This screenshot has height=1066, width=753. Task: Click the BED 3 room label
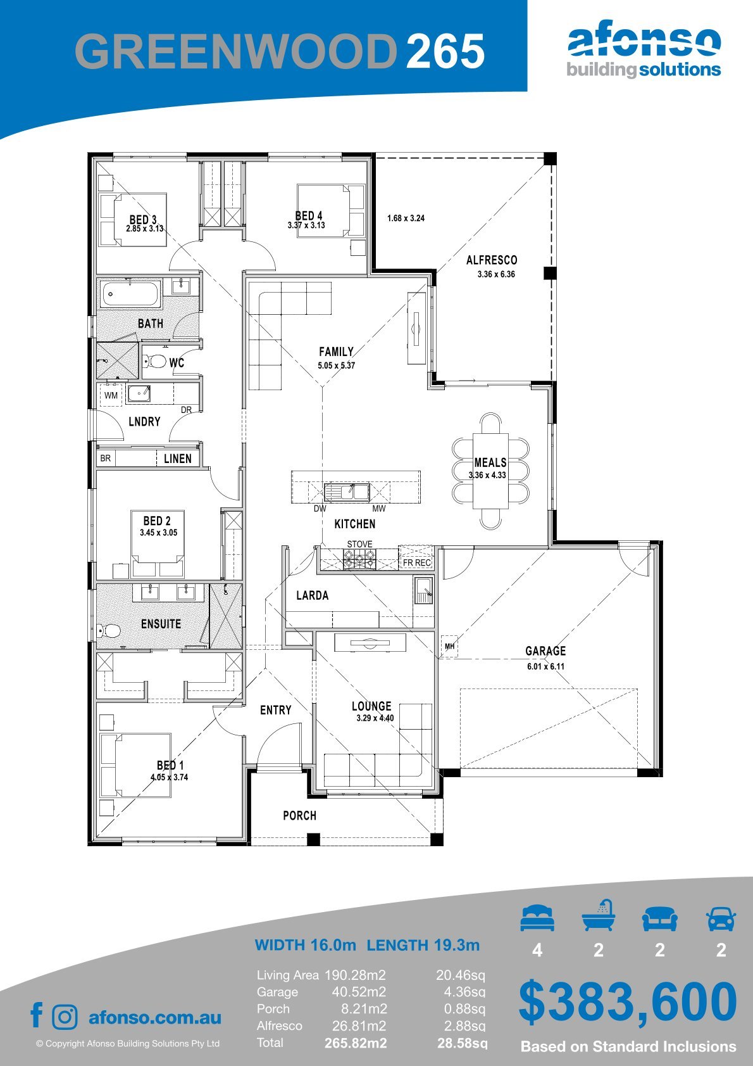(143, 219)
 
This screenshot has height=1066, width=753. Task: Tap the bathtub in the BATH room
(129, 294)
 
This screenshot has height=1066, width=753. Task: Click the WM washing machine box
(111, 395)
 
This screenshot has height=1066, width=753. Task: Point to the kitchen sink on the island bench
(347, 492)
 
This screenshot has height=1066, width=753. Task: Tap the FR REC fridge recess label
(417, 562)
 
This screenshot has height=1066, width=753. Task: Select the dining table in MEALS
(490, 470)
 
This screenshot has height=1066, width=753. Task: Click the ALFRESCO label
(492, 260)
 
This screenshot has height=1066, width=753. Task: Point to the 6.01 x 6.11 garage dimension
(545, 666)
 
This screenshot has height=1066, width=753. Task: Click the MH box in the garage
(449, 646)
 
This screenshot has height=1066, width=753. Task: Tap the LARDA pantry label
(313, 595)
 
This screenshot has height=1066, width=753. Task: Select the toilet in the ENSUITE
(108, 631)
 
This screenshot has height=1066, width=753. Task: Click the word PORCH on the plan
(299, 815)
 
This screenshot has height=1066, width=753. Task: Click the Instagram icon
(65, 1017)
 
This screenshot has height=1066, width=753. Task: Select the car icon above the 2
(721, 918)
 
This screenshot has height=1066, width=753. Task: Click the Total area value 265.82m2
(356, 1043)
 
